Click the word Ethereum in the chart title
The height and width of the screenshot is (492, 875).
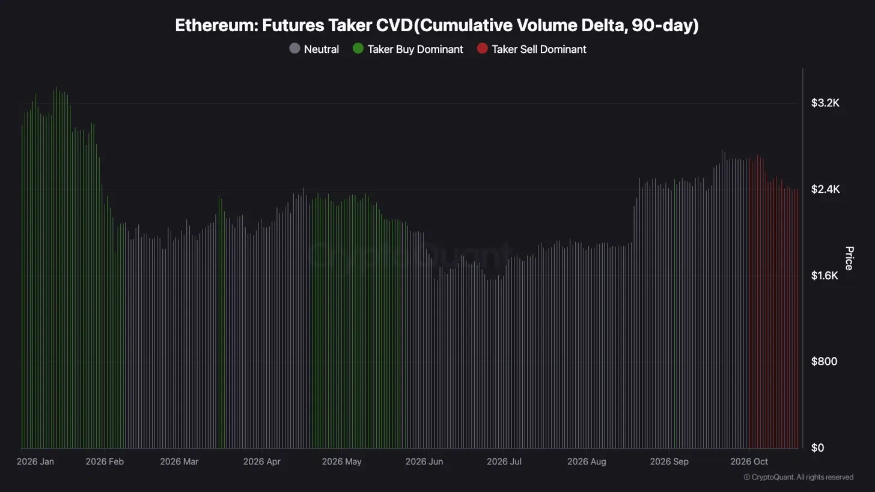pyautogui.click(x=216, y=25)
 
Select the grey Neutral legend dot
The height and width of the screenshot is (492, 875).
pyautogui.click(x=294, y=49)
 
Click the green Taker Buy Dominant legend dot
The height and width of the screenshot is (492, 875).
pyautogui.click(x=358, y=49)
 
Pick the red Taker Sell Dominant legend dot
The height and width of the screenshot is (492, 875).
pyautogui.click(x=483, y=49)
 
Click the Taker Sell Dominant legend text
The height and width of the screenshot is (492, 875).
pyautogui.click(x=539, y=49)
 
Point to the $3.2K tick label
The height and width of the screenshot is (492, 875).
pyautogui.click(x=825, y=103)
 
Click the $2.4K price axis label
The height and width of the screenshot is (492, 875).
pyautogui.click(x=825, y=189)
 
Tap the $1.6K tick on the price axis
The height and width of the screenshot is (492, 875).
pyautogui.click(x=825, y=276)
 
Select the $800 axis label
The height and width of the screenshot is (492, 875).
pyautogui.click(x=825, y=361)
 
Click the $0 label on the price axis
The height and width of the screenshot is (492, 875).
pyautogui.click(x=817, y=448)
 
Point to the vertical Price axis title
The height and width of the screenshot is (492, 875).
pyautogui.click(x=849, y=258)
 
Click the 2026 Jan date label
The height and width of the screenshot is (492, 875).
pyautogui.click(x=35, y=461)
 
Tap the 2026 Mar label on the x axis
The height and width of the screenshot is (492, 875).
pyautogui.click(x=179, y=461)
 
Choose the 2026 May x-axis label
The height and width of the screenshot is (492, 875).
pyautogui.click(x=342, y=461)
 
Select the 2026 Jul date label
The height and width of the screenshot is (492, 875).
pyautogui.click(x=504, y=461)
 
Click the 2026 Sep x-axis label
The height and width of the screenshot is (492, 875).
pyautogui.click(x=669, y=461)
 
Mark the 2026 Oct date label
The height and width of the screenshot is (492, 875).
pyautogui.click(x=749, y=461)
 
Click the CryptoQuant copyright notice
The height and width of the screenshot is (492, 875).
pyautogui.click(x=799, y=477)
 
